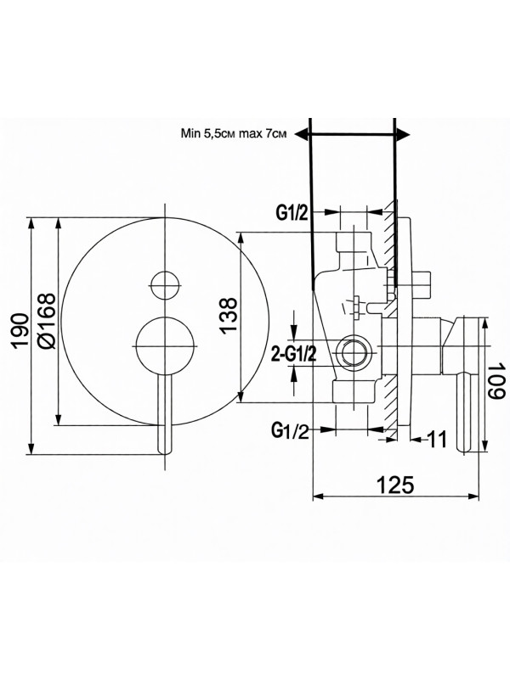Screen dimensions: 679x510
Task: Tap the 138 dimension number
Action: tap(224, 316)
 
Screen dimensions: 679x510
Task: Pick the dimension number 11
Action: tap(437, 439)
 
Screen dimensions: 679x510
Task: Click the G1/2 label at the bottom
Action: tap(290, 431)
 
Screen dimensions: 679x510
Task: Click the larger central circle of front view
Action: tap(165, 344)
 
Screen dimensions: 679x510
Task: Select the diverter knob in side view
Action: tap(422, 283)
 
